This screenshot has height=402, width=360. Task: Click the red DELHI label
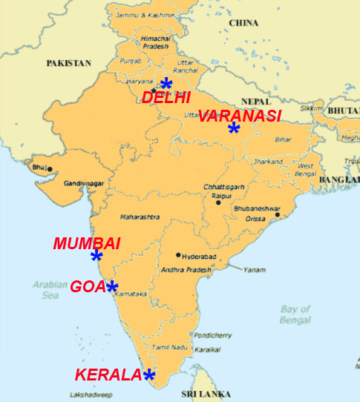(x=166, y=97)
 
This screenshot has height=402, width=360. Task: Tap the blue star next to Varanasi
(x=234, y=128)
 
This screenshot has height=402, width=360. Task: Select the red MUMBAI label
(x=87, y=243)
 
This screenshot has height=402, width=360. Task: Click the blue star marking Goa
(x=112, y=287)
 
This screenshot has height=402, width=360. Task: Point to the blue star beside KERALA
(x=149, y=375)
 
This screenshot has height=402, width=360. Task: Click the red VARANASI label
(x=240, y=116)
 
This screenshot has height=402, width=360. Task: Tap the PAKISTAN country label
(x=68, y=64)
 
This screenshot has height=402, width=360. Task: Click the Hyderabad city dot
(x=178, y=255)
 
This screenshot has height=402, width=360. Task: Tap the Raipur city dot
(x=218, y=202)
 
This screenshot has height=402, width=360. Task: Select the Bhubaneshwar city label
(x=257, y=208)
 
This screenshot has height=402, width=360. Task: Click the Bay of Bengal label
(x=295, y=314)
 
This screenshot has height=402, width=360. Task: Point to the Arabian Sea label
(x=50, y=289)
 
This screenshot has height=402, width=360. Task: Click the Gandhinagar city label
(x=82, y=183)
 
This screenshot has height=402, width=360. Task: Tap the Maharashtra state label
(x=139, y=217)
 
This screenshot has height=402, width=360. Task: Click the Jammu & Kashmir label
(x=140, y=14)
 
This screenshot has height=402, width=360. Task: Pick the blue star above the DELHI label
(x=166, y=84)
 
